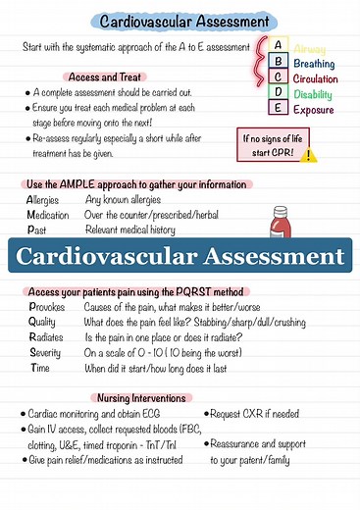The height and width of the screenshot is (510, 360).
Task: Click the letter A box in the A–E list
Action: click(x=279, y=46)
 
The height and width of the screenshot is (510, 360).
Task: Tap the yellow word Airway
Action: click(x=310, y=49)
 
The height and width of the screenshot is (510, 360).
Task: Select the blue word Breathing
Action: click(x=314, y=64)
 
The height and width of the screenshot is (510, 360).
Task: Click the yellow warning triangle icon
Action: click(x=310, y=155)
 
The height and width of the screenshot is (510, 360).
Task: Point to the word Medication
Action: click(x=48, y=215)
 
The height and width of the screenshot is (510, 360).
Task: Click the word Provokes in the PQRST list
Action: click(x=47, y=307)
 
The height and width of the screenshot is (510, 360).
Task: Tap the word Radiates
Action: click(x=46, y=337)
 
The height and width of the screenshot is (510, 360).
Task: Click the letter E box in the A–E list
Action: click(x=279, y=109)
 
